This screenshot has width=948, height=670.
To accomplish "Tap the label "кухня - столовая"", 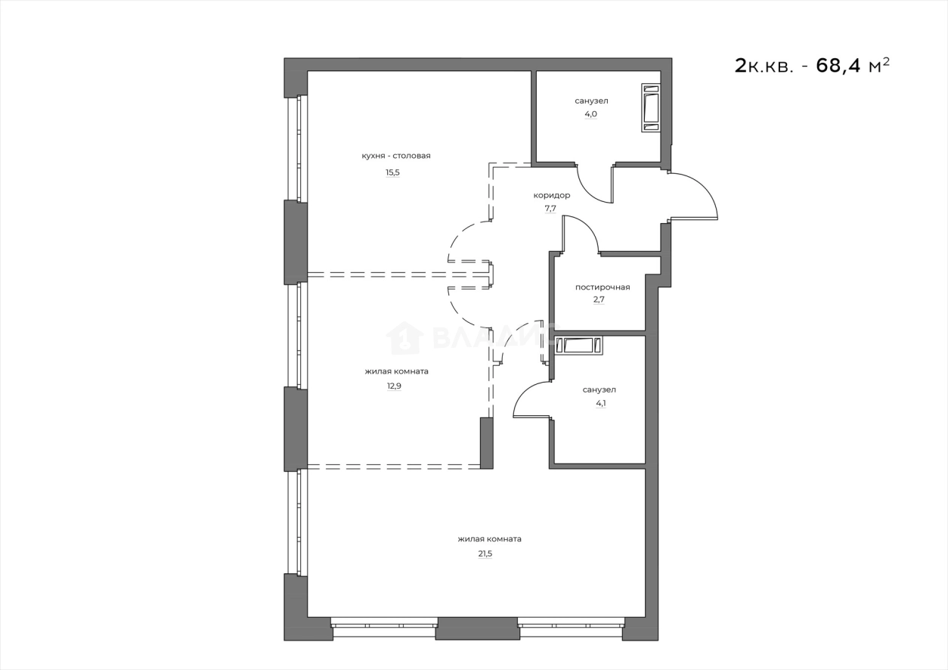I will click(395, 156).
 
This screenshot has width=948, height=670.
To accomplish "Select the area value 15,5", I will click(392, 172).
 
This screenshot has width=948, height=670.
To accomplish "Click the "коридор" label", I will click(551, 195).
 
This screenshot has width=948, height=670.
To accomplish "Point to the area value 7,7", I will click(550, 209).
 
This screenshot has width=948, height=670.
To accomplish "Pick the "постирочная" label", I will click(602, 287).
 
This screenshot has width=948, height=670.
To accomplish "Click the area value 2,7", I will click(599, 299).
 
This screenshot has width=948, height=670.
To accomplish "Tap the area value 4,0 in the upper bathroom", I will click(590, 114).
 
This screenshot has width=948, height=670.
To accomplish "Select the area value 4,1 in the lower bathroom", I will click(600, 403).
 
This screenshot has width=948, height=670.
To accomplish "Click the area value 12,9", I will click(393, 385).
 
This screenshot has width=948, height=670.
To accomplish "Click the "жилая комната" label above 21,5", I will click(489, 539).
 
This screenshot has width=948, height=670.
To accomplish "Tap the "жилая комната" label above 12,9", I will click(396, 371).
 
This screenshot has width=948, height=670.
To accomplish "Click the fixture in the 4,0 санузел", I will click(651, 108).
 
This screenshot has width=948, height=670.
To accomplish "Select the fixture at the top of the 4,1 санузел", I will click(578, 346).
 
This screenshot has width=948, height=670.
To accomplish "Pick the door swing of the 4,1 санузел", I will click(532, 399).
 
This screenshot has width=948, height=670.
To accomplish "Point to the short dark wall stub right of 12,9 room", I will click(486, 443).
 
